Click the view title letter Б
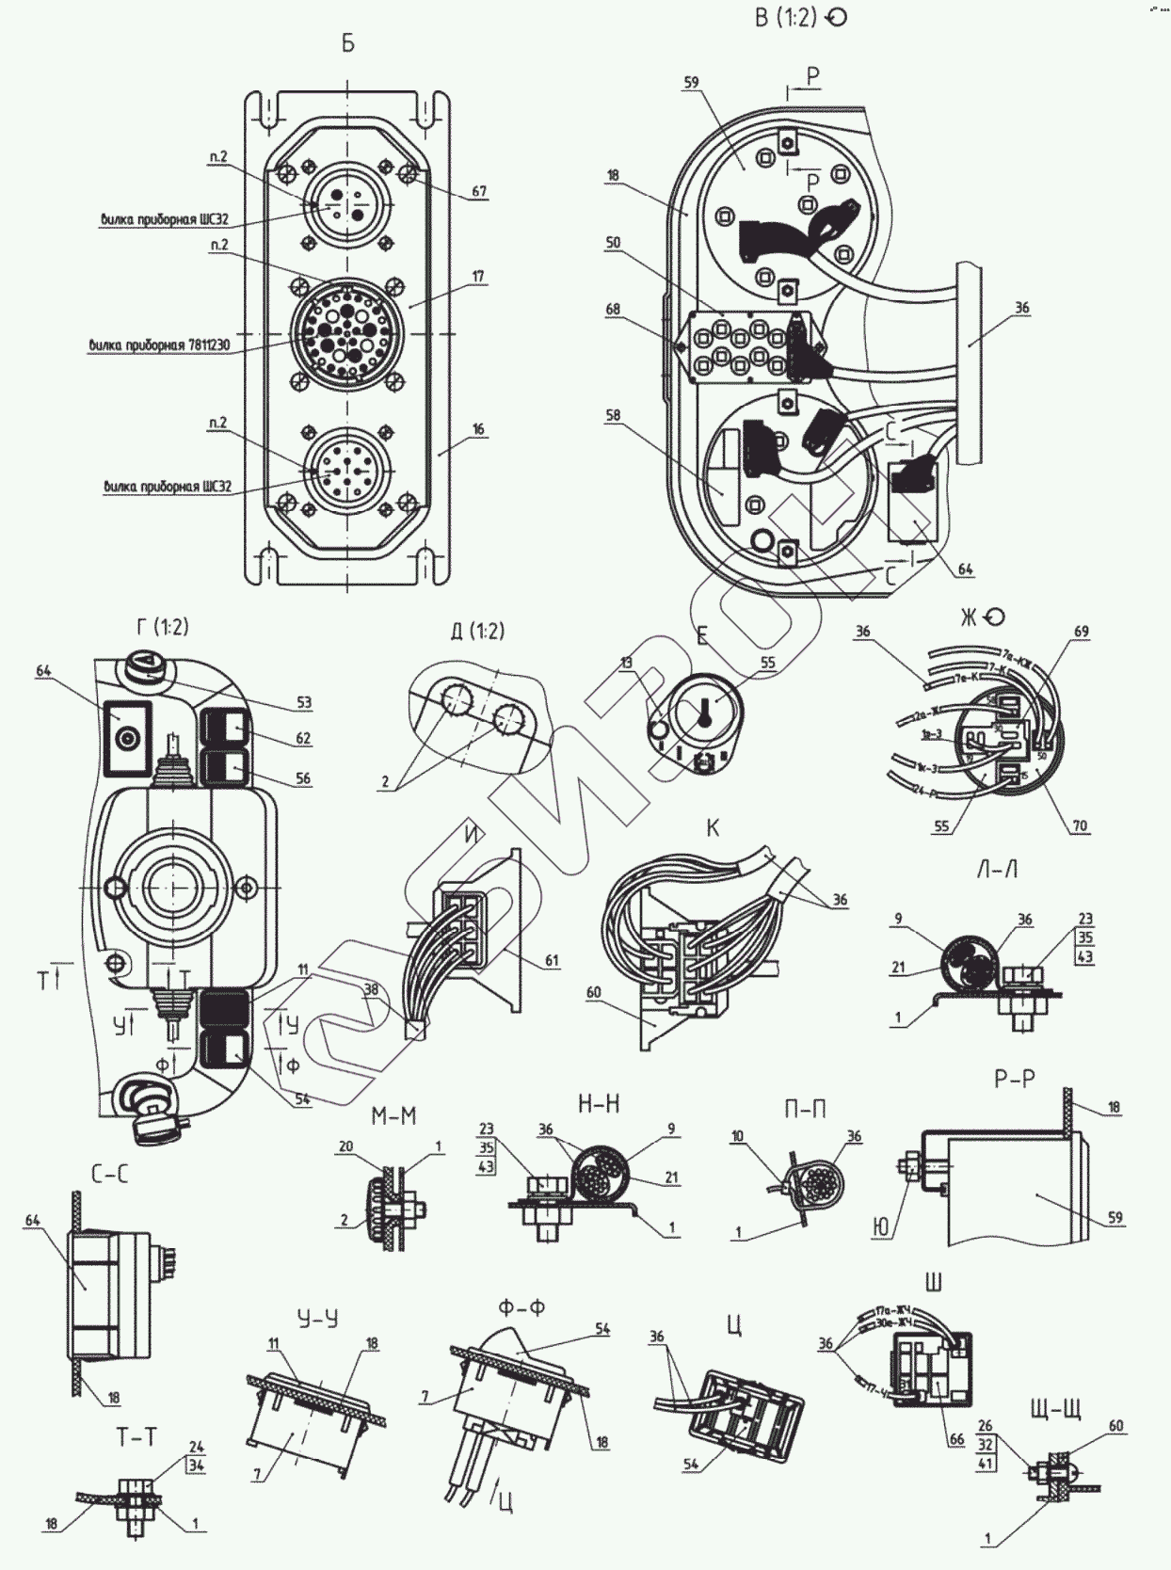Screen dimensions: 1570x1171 [348, 44]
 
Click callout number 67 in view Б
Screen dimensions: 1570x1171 [480, 192]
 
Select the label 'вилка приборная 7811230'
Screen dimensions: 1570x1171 [160, 345]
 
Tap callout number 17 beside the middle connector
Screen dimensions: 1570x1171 [479, 277]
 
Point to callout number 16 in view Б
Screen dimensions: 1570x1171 [479, 429]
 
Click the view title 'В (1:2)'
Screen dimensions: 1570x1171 [785, 18]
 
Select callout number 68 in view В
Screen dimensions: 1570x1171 [613, 310]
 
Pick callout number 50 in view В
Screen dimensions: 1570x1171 [613, 243]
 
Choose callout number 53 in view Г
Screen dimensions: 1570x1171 [303, 702]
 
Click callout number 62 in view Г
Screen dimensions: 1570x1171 [303, 739]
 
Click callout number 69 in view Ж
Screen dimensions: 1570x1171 [1082, 632]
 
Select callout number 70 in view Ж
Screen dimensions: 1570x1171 [1080, 825]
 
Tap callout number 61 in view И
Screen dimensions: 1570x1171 [552, 961]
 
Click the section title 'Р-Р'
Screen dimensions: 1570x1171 [1014, 1079]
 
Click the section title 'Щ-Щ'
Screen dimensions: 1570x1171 [1056, 1410]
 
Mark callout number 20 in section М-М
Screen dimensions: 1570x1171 [345, 1145]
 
